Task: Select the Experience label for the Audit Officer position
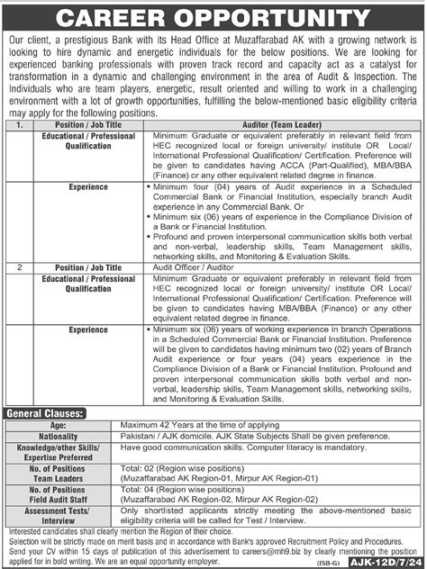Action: click(88, 331)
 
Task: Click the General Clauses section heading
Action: click(46, 411)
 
